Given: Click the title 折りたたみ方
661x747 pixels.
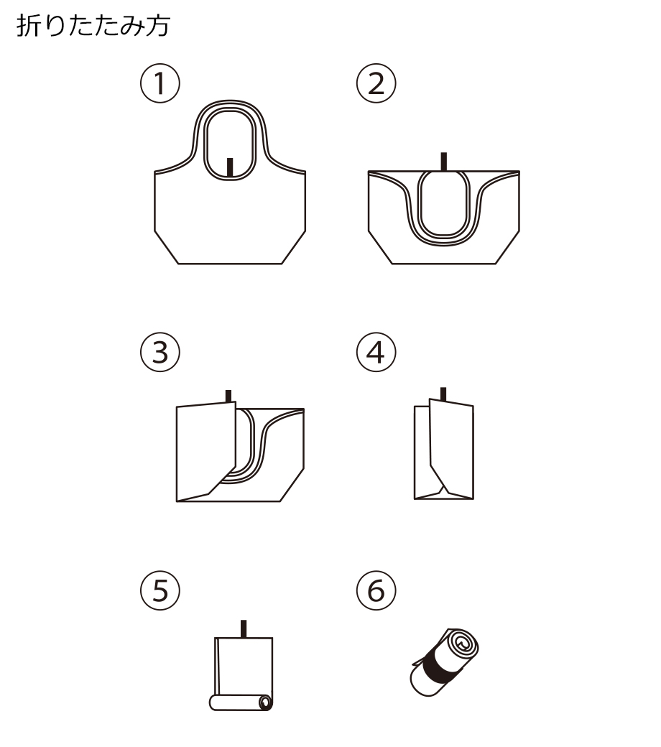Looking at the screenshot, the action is [x=93, y=26].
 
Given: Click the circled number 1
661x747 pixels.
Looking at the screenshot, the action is [x=160, y=83].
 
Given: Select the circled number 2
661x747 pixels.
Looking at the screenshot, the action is [x=376, y=83].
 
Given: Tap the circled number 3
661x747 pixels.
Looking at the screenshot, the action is [x=160, y=352].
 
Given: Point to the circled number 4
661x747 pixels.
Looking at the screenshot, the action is [x=376, y=352].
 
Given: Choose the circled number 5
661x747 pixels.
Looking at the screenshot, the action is [x=160, y=590].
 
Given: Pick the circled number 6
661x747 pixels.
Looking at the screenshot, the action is [x=376, y=590].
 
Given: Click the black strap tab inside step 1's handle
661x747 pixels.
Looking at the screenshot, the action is [x=230, y=167].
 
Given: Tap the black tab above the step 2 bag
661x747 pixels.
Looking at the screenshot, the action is [x=444, y=162].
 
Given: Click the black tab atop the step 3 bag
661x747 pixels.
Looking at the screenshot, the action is [x=228, y=396].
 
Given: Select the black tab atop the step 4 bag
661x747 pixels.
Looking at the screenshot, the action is [x=443, y=394].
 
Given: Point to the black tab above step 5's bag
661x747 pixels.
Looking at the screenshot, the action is [x=244, y=629].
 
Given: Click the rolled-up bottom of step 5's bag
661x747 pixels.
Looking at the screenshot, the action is [x=241, y=702].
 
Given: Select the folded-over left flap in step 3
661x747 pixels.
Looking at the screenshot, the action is [x=205, y=450].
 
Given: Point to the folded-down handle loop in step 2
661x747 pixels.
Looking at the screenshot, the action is [x=444, y=204].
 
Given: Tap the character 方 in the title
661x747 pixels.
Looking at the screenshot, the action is [x=158, y=26].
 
